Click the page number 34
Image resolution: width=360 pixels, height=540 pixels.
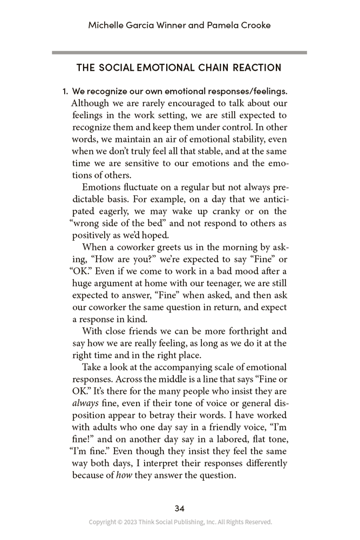coord(180,508)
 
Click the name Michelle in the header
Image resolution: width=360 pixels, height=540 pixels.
coord(108,25)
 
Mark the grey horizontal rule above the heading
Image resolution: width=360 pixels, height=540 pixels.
coord(180,52)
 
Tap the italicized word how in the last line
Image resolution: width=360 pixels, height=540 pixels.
coord(124,476)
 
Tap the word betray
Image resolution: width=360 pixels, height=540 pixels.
coord(138,416)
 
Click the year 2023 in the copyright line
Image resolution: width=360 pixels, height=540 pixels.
coord(131,522)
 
